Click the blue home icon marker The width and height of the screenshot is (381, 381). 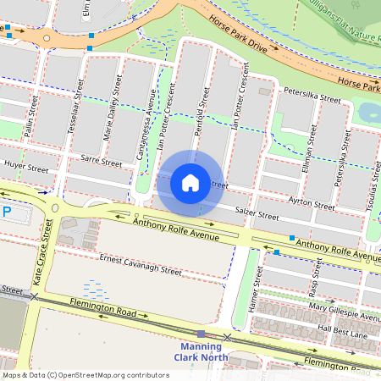(x=190, y=182)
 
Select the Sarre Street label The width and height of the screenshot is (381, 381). (x=97, y=158)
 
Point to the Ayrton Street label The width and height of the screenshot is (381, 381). (x=312, y=203)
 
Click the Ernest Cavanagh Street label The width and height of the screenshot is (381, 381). (x=141, y=265)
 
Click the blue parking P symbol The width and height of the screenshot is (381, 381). (x=7, y=212)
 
